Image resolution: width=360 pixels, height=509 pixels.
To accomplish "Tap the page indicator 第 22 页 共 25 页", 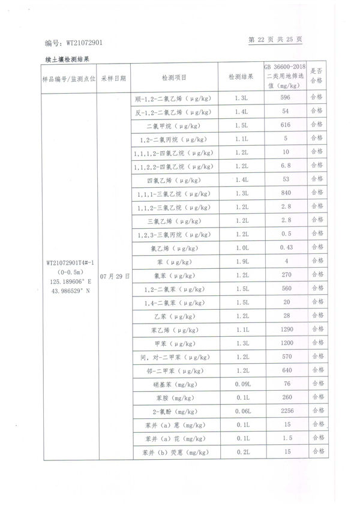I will tap(275, 40).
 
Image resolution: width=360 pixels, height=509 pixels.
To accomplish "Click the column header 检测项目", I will tap(174, 78).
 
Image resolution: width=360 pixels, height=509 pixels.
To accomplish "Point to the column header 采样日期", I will tap(113, 79).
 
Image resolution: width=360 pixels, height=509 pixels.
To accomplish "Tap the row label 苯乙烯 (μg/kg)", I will tap(173, 330).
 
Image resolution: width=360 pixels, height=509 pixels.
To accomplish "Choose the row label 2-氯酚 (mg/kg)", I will tap(173, 412).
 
